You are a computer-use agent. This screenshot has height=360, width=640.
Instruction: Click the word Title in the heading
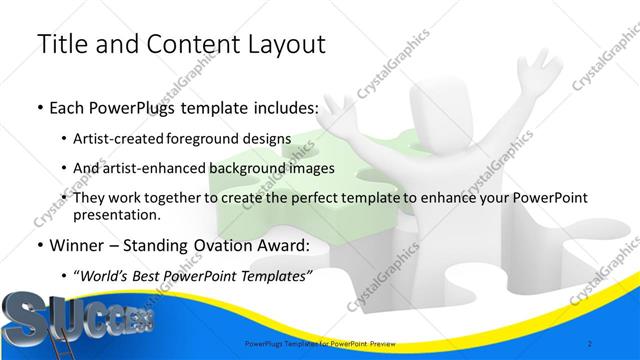point(59,44)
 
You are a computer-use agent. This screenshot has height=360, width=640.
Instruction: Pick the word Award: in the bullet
point(287,244)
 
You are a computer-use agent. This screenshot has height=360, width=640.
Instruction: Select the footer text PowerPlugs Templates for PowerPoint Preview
point(320,344)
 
